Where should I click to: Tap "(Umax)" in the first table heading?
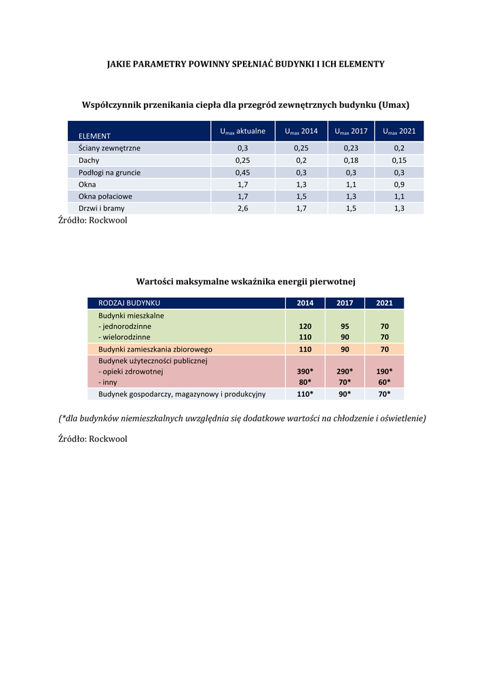pos(394,105)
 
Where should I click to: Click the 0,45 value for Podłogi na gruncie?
pos(242,172)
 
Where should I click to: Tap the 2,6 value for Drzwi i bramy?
pos(242,208)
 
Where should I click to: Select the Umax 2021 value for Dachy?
pos(399,160)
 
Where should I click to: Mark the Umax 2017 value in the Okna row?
pos(352,184)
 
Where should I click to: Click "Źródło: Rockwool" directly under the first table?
pos(93,221)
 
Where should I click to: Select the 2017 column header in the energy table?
pos(345,303)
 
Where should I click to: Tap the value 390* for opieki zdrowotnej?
pos(305,371)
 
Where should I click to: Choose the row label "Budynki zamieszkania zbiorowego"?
pos(155,349)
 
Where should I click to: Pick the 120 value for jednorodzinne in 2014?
pos(305,326)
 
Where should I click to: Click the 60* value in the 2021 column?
pos(384,382)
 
